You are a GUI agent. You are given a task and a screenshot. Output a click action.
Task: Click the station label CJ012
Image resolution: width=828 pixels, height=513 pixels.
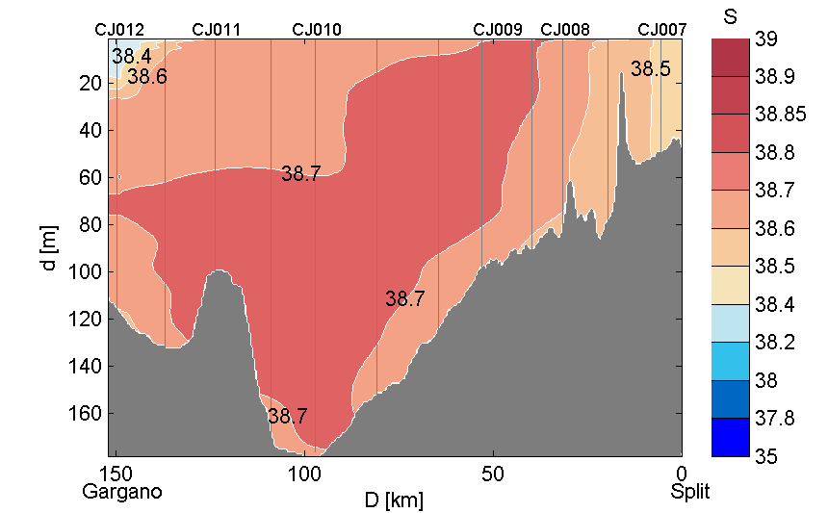coord(119,30)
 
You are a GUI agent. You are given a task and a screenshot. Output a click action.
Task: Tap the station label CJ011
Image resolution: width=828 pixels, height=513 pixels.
coord(217,30)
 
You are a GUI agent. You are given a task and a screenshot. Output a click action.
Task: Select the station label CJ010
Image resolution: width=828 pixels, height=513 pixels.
coord(316,30)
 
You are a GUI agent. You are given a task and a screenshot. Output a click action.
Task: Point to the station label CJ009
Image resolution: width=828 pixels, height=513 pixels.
coord(498,30)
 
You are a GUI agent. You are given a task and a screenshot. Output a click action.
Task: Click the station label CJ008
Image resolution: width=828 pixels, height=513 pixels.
coord(565,30)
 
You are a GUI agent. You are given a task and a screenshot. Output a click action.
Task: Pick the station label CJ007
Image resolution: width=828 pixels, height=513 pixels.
coord(662,30)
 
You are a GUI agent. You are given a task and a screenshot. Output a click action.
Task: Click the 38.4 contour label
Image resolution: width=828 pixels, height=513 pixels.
coord(131,56)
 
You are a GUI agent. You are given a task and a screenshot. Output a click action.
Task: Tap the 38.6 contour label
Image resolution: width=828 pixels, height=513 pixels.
coord(147,77)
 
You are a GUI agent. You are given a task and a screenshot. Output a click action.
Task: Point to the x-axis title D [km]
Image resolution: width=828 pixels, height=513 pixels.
coord(393,500)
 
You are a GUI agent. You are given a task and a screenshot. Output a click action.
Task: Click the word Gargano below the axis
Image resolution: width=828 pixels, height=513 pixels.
coord(121,492)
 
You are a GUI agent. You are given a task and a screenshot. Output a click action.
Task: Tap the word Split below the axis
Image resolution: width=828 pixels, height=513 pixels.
coord(690,492)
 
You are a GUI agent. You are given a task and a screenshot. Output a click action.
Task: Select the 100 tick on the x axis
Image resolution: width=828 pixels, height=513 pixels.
coord(304,474)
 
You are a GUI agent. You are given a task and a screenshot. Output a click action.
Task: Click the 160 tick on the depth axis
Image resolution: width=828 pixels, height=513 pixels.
coord(90,414)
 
